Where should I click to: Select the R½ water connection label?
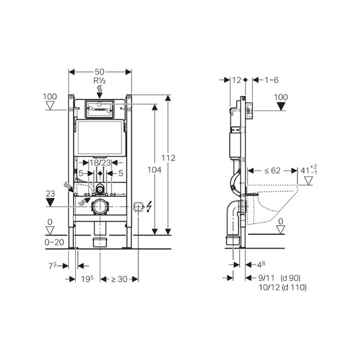[99, 82]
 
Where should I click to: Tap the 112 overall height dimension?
[167, 157]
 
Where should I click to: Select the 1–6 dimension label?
[272, 80]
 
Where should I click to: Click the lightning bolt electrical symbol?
[150, 207]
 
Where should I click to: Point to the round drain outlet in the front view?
[99, 207]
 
